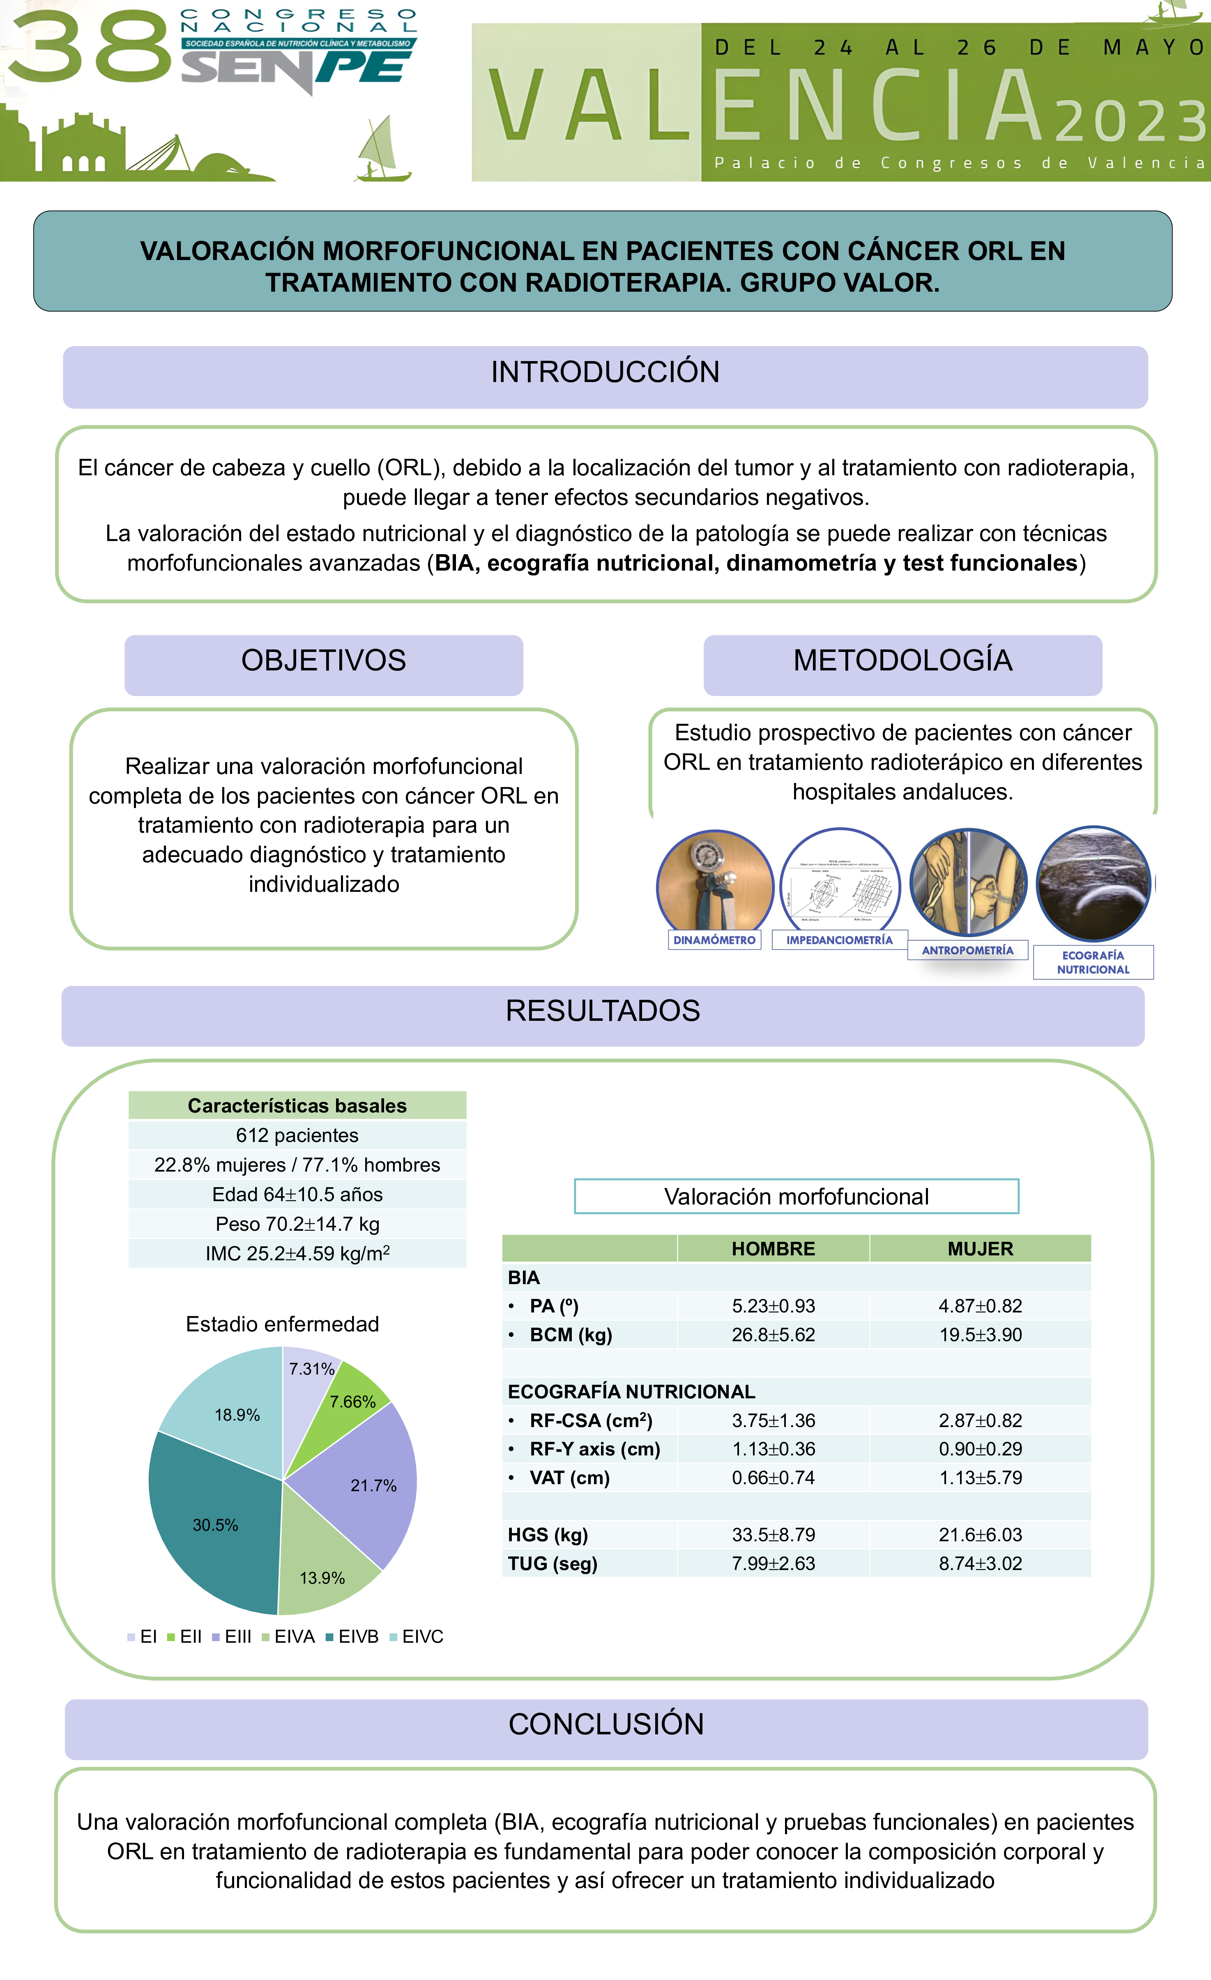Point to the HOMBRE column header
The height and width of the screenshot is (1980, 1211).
tap(773, 1248)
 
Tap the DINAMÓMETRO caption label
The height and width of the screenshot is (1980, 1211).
tap(714, 939)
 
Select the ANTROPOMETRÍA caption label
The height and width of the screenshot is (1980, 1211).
tap(967, 950)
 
